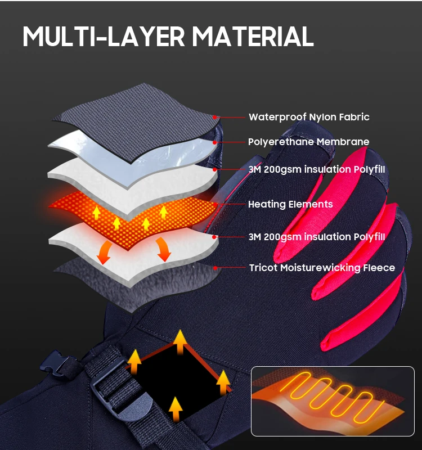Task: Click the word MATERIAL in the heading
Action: click(253, 37)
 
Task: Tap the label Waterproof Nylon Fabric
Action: click(309, 117)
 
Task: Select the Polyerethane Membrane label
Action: click(308, 142)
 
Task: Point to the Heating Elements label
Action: click(290, 204)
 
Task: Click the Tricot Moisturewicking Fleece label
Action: click(322, 268)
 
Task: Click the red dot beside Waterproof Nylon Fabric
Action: click(215, 117)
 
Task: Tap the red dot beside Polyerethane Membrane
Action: click(215, 142)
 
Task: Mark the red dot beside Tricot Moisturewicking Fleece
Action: click(215, 268)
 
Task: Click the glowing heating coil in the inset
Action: click(330, 398)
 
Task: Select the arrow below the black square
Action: click(176, 409)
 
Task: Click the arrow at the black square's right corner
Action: click(223, 382)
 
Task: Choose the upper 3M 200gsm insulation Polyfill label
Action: click(317, 169)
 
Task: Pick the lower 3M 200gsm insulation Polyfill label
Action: click(317, 237)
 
